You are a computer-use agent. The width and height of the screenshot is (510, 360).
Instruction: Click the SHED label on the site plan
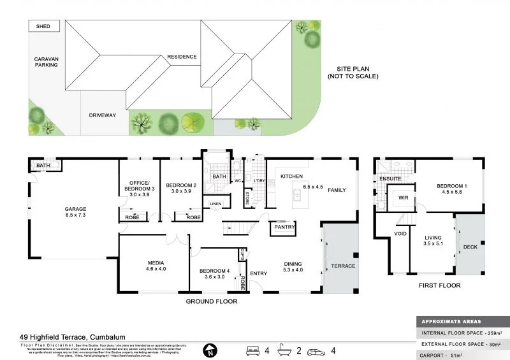coord(44,26)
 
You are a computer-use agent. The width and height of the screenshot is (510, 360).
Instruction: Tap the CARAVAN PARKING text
coord(47,62)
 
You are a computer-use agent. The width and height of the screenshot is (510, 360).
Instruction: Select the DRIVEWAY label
coord(102,115)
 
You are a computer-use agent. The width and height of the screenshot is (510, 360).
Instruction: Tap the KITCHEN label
coord(291,176)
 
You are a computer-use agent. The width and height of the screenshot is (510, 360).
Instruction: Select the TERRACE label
coord(342,266)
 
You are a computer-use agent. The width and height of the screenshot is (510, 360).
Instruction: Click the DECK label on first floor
coord(470,247)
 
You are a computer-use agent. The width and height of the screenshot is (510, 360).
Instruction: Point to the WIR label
coord(402,198)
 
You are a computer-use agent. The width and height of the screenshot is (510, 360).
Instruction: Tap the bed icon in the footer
coord(253,350)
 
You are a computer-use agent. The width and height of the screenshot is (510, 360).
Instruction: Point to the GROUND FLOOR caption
coord(211,301)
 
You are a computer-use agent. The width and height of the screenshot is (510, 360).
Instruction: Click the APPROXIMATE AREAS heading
coord(451,322)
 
